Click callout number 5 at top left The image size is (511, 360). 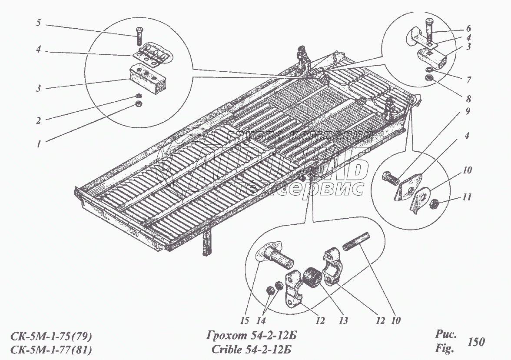[38, 23]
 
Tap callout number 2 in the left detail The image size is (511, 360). [38, 121]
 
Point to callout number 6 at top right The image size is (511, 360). [468, 28]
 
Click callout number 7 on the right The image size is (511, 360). [468, 80]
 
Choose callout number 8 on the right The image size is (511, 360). [468, 98]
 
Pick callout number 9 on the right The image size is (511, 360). [468, 111]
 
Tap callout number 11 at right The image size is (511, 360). [467, 197]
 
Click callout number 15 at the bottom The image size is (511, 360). [244, 321]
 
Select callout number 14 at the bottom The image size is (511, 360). [261, 321]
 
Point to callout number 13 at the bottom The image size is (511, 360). [343, 321]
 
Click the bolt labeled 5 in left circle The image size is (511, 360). [139, 36]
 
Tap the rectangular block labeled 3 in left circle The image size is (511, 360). [149, 79]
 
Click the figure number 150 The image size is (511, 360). [476, 342]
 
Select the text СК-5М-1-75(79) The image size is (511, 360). [51, 336]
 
